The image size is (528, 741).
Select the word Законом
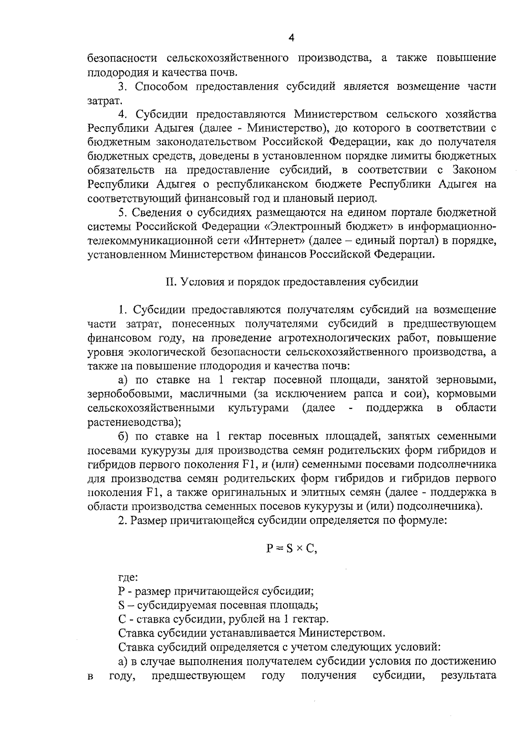click(x=474, y=170)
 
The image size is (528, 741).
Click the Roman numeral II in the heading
click(x=170, y=282)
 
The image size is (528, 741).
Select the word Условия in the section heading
click(x=200, y=282)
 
